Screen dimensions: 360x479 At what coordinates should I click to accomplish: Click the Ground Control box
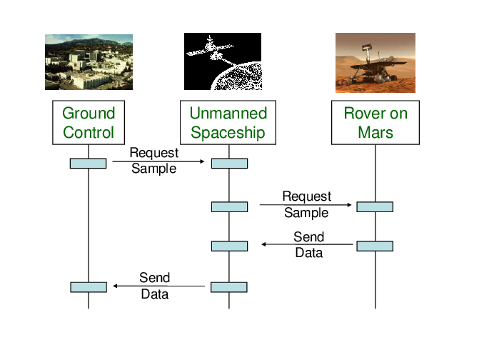(x=89, y=123)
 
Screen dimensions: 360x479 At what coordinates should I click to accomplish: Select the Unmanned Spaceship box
(x=228, y=123)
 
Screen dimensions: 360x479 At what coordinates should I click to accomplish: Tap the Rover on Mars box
(x=375, y=123)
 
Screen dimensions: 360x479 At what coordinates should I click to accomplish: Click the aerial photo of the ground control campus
(x=89, y=62)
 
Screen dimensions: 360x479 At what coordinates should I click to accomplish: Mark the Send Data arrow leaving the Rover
(x=307, y=244)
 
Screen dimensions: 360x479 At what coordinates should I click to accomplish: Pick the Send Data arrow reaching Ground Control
(x=158, y=286)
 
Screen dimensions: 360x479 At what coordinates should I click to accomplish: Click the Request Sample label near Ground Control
(x=154, y=161)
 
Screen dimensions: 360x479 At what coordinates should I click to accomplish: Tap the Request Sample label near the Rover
(x=306, y=204)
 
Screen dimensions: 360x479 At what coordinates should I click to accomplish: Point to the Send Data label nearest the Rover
(x=308, y=244)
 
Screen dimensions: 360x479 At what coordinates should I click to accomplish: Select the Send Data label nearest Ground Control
(x=154, y=286)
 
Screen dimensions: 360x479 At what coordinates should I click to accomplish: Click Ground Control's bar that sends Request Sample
(x=88, y=164)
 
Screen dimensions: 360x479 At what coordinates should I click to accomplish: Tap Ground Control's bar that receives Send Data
(x=88, y=287)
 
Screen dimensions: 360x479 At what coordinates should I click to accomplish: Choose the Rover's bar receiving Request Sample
(x=375, y=207)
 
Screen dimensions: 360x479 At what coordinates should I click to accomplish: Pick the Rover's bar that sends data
(x=375, y=246)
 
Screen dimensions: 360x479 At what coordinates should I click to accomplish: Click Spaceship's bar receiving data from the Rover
(x=229, y=246)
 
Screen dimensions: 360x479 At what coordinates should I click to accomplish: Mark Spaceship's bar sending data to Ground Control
(x=229, y=287)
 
